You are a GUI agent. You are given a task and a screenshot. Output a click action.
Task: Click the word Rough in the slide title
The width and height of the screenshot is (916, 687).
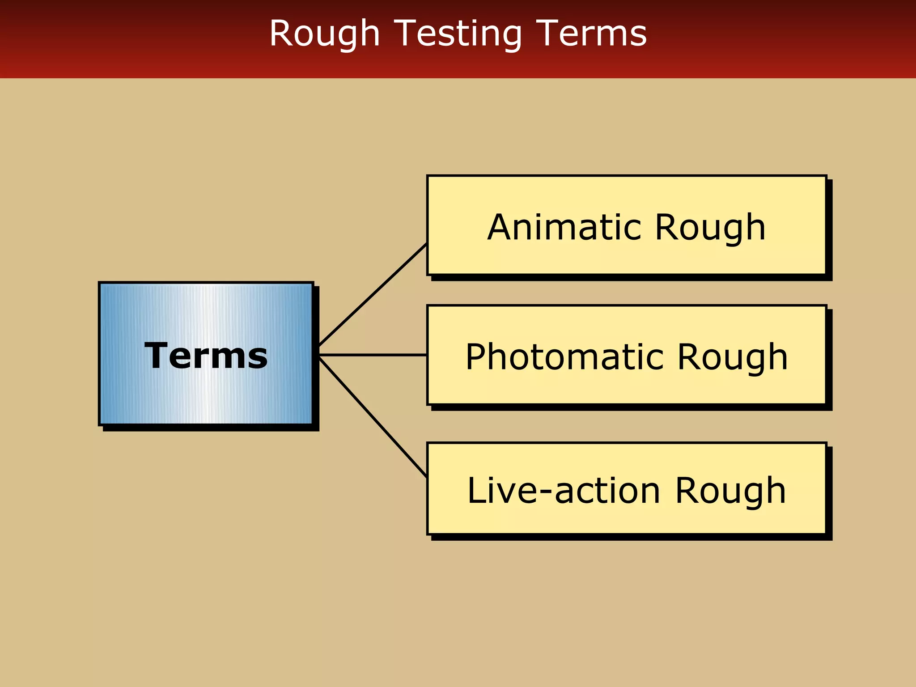point(324,34)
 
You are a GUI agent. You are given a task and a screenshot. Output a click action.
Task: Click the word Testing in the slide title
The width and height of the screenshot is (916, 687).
point(459,34)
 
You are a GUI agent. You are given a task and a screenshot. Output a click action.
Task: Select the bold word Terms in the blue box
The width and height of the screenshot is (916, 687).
point(206,356)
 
